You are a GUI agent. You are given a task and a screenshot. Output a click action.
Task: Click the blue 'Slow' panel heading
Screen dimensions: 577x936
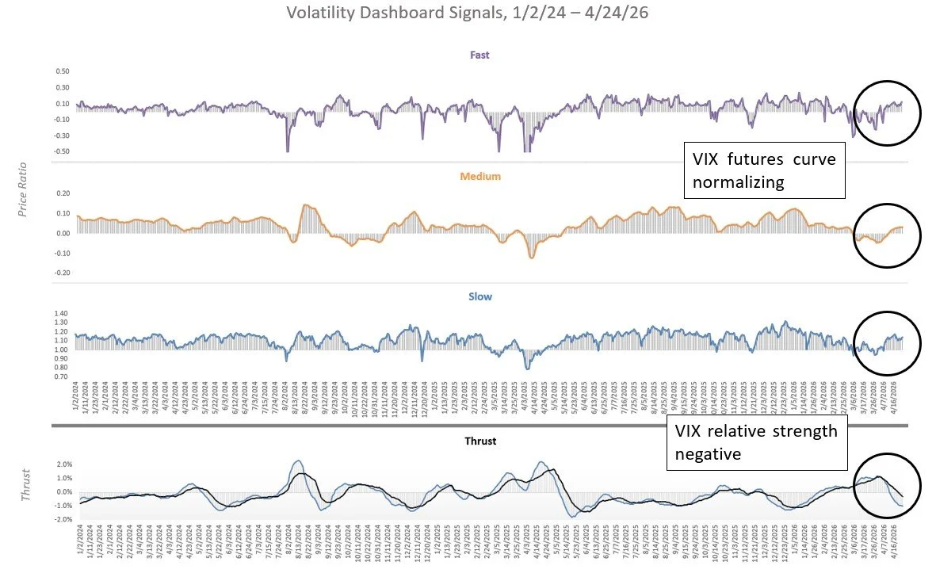point(480,296)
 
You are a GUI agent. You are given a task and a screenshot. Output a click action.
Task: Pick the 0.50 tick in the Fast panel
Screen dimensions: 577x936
point(62,71)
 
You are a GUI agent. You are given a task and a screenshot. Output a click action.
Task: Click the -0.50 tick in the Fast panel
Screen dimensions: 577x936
point(61,151)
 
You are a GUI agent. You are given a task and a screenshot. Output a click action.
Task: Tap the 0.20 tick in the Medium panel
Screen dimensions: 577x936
point(62,194)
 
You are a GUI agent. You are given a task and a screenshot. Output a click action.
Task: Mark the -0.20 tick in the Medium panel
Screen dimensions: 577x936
point(61,272)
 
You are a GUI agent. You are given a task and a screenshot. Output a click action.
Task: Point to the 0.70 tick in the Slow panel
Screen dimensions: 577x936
point(62,376)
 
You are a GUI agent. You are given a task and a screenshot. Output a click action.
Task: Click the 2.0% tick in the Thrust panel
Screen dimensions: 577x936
point(63,464)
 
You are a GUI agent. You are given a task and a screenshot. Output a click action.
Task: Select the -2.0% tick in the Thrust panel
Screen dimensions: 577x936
point(63,519)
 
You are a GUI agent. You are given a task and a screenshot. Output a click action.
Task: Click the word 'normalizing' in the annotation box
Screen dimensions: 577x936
point(738,182)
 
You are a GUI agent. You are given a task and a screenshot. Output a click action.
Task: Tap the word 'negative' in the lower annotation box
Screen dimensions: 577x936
point(707,455)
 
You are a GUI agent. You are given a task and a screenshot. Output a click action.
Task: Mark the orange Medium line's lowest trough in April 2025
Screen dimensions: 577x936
point(531,257)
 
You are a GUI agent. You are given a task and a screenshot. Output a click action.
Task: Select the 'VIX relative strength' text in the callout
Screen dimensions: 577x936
point(755,432)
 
